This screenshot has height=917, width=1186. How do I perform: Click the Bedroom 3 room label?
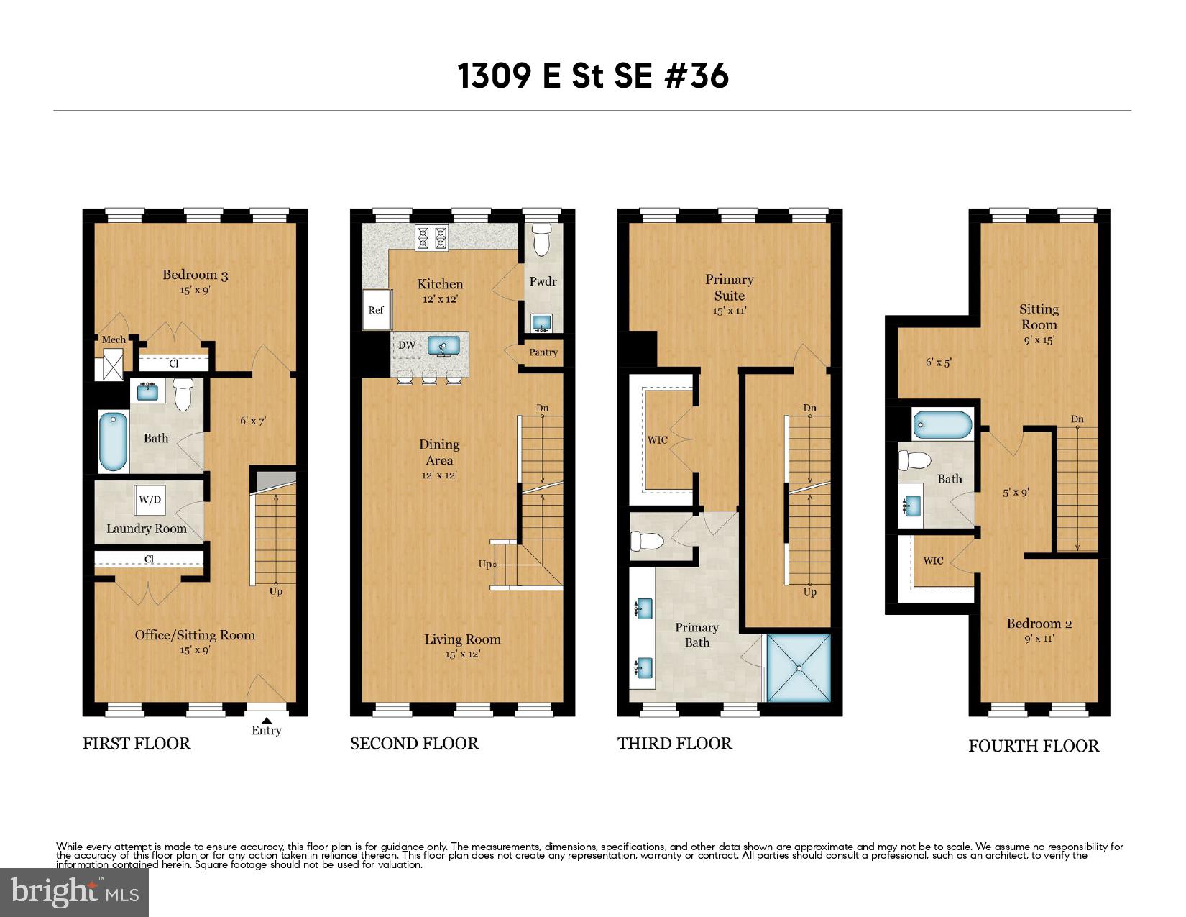click(x=195, y=275)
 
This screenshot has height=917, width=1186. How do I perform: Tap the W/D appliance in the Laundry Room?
click(x=150, y=500)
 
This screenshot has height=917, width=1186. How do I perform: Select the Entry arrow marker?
click(x=266, y=720)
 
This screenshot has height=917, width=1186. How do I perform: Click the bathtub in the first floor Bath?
click(x=113, y=442)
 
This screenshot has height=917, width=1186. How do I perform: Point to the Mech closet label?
click(x=113, y=339)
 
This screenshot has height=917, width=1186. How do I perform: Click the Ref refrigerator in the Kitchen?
click(x=377, y=310)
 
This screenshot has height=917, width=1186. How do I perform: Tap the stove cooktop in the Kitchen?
click(x=431, y=238)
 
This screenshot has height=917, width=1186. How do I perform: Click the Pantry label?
click(x=543, y=352)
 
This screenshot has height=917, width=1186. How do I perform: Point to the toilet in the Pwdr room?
click(x=542, y=239)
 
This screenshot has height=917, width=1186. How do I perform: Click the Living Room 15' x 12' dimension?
click(x=462, y=654)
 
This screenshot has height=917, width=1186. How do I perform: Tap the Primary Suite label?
click(x=729, y=287)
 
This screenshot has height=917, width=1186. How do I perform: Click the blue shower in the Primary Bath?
click(x=799, y=667)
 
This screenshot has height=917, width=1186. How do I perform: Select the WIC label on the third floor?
click(x=657, y=440)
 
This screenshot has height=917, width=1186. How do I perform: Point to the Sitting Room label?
click(x=1039, y=316)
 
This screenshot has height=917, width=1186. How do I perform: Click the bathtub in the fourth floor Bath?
click(x=942, y=424)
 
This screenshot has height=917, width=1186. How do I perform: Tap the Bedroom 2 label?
click(x=1039, y=624)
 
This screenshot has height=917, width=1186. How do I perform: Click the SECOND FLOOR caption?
click(x=414, y=744)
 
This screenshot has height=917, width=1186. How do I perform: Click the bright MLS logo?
click(x=74, y=893)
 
